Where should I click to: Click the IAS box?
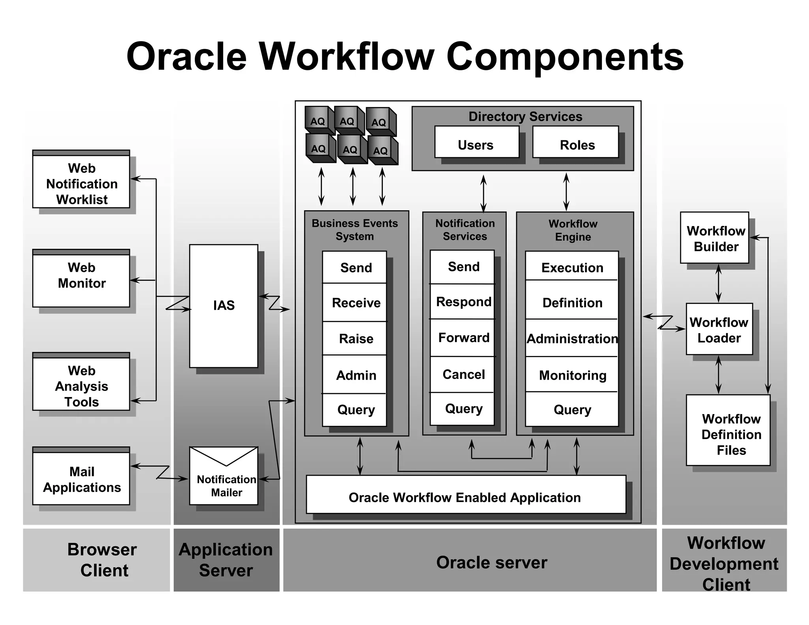pyautogui.click(x=224, y=305)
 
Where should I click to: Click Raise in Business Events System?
pyautogui.click(x=355, y=339)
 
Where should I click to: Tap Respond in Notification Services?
pyautogui.click(x=463, y=302)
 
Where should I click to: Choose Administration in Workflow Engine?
pyautogui.click(x=572, y=339)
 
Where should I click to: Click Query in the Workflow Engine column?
pyautogui.click(x=572, y=410)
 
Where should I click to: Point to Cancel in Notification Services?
pyautogui.click(x=463, y=374)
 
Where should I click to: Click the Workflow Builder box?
pyautogui.click(x=715, y=238)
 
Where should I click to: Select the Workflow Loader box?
pyautogui.click(x=719, y=329)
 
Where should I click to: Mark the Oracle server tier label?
pyautogui.click(x=491, y=562)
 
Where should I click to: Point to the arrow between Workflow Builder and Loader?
pyautogui.click(x=719, y=283)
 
